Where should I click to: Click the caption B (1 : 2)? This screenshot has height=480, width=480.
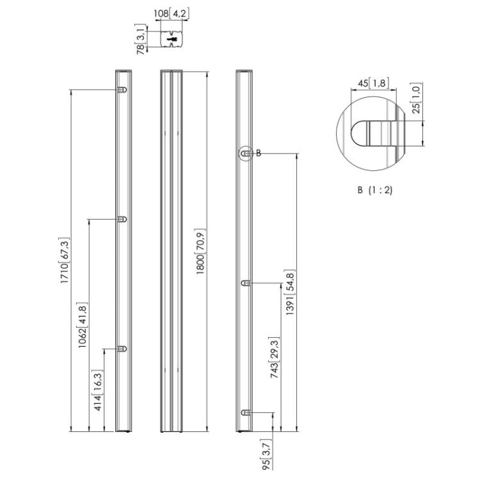tap(374, 190)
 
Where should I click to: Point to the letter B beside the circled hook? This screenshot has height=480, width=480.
tap(259, 153)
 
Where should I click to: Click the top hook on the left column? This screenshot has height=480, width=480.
tap(122, 90)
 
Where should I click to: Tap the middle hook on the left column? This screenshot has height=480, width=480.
tap(122, 220)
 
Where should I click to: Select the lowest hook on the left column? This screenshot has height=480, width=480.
tap(122, 349)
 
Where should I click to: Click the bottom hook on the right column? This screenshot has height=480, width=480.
tap(245, 413)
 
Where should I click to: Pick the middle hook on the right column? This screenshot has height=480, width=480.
tap(245, 283)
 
